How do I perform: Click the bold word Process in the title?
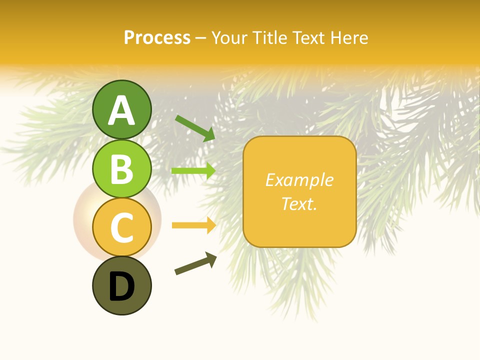pyautogui.click(x=157, y=38)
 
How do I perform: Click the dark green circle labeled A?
pyautogui.click(x=122, y=109)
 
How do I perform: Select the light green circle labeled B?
pyautogui.click(x=122, y=168)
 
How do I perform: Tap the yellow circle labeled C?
pyautogui.click(x=122, y=227)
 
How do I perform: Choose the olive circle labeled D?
pyautogui.click(x=122, y=285)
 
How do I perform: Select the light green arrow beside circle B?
pyautogui.click(x=193, y=171)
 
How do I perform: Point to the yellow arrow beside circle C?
pyautogui.click(x=193, y=225)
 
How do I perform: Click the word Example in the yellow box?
pyautogui.click(x=299, y=180)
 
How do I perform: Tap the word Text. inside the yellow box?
pyautogui.click(x=299, y=203)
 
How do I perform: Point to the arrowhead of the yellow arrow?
pyautogui.click(x=210, y=225)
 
